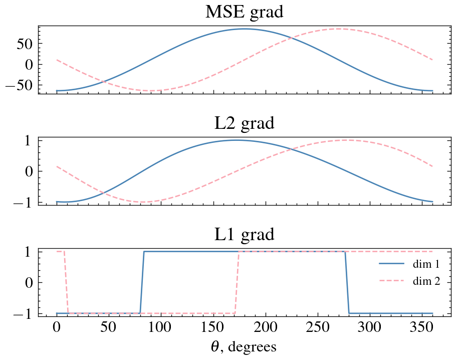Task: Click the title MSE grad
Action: click(244, 12)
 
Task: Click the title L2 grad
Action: click(244, 123)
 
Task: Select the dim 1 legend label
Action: click(426, 264)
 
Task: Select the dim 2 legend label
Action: click(426, 281)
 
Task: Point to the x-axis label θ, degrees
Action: click(244, 346)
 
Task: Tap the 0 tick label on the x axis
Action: click(57, 328)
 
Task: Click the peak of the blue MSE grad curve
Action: click(244, 29)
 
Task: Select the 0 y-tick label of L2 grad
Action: click(30, 171)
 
